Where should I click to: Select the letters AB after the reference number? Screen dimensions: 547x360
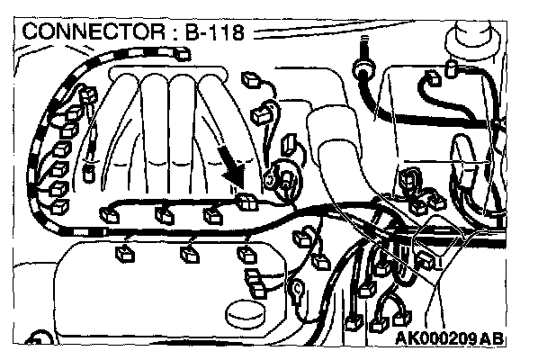(491, 339)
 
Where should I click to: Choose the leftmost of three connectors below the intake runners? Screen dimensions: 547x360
(112, 213)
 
